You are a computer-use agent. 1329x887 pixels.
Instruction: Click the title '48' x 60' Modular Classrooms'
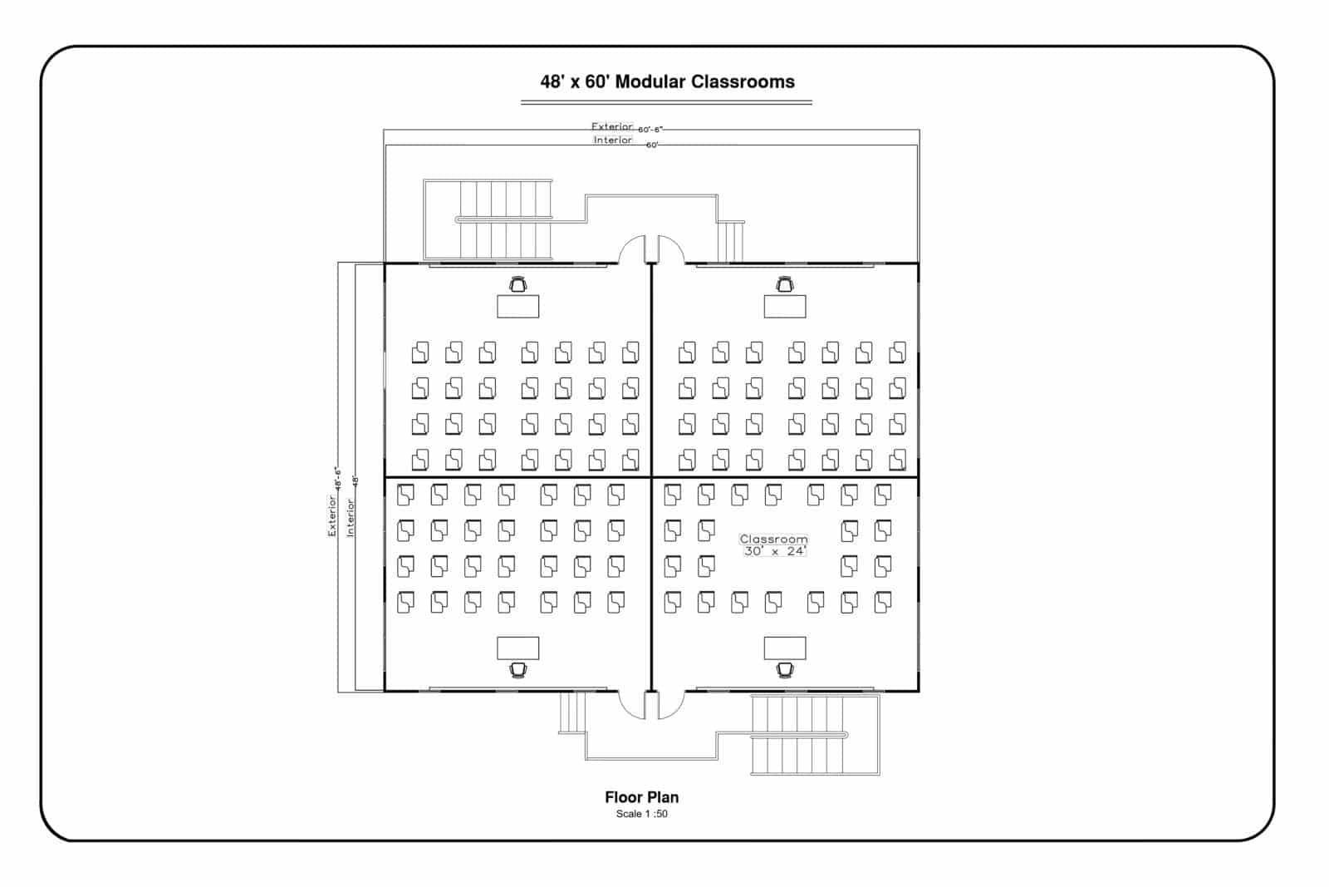pos(667,81)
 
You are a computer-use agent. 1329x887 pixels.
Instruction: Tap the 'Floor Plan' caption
pos(641,796)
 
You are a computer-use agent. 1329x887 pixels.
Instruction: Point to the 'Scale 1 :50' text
pos(641,814)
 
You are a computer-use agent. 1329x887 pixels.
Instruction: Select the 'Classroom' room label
pos(773,539)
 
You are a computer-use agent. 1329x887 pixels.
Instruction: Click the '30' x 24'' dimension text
pos(774,551)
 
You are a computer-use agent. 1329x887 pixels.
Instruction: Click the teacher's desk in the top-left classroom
pos(517,306)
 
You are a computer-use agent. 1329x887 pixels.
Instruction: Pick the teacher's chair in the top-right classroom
pos(785,285)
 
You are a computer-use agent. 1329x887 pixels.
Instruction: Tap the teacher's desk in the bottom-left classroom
pos(517,648)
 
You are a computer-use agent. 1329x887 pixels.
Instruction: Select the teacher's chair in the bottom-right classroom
pos(785,669)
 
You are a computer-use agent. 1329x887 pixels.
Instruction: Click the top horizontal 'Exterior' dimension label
pos(612,127)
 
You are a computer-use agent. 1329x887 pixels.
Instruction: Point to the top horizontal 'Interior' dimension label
pos(612,140)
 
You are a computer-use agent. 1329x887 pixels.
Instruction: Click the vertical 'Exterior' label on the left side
pos(332,516)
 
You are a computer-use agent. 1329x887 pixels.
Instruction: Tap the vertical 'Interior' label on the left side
pos(351,517)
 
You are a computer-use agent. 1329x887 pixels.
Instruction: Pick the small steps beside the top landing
pos(730,241)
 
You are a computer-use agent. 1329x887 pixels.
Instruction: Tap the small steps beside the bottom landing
pos(572,712)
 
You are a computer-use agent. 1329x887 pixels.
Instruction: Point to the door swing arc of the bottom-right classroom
pos(671,705)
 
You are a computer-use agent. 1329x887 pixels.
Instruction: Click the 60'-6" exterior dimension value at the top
pos(650,130)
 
